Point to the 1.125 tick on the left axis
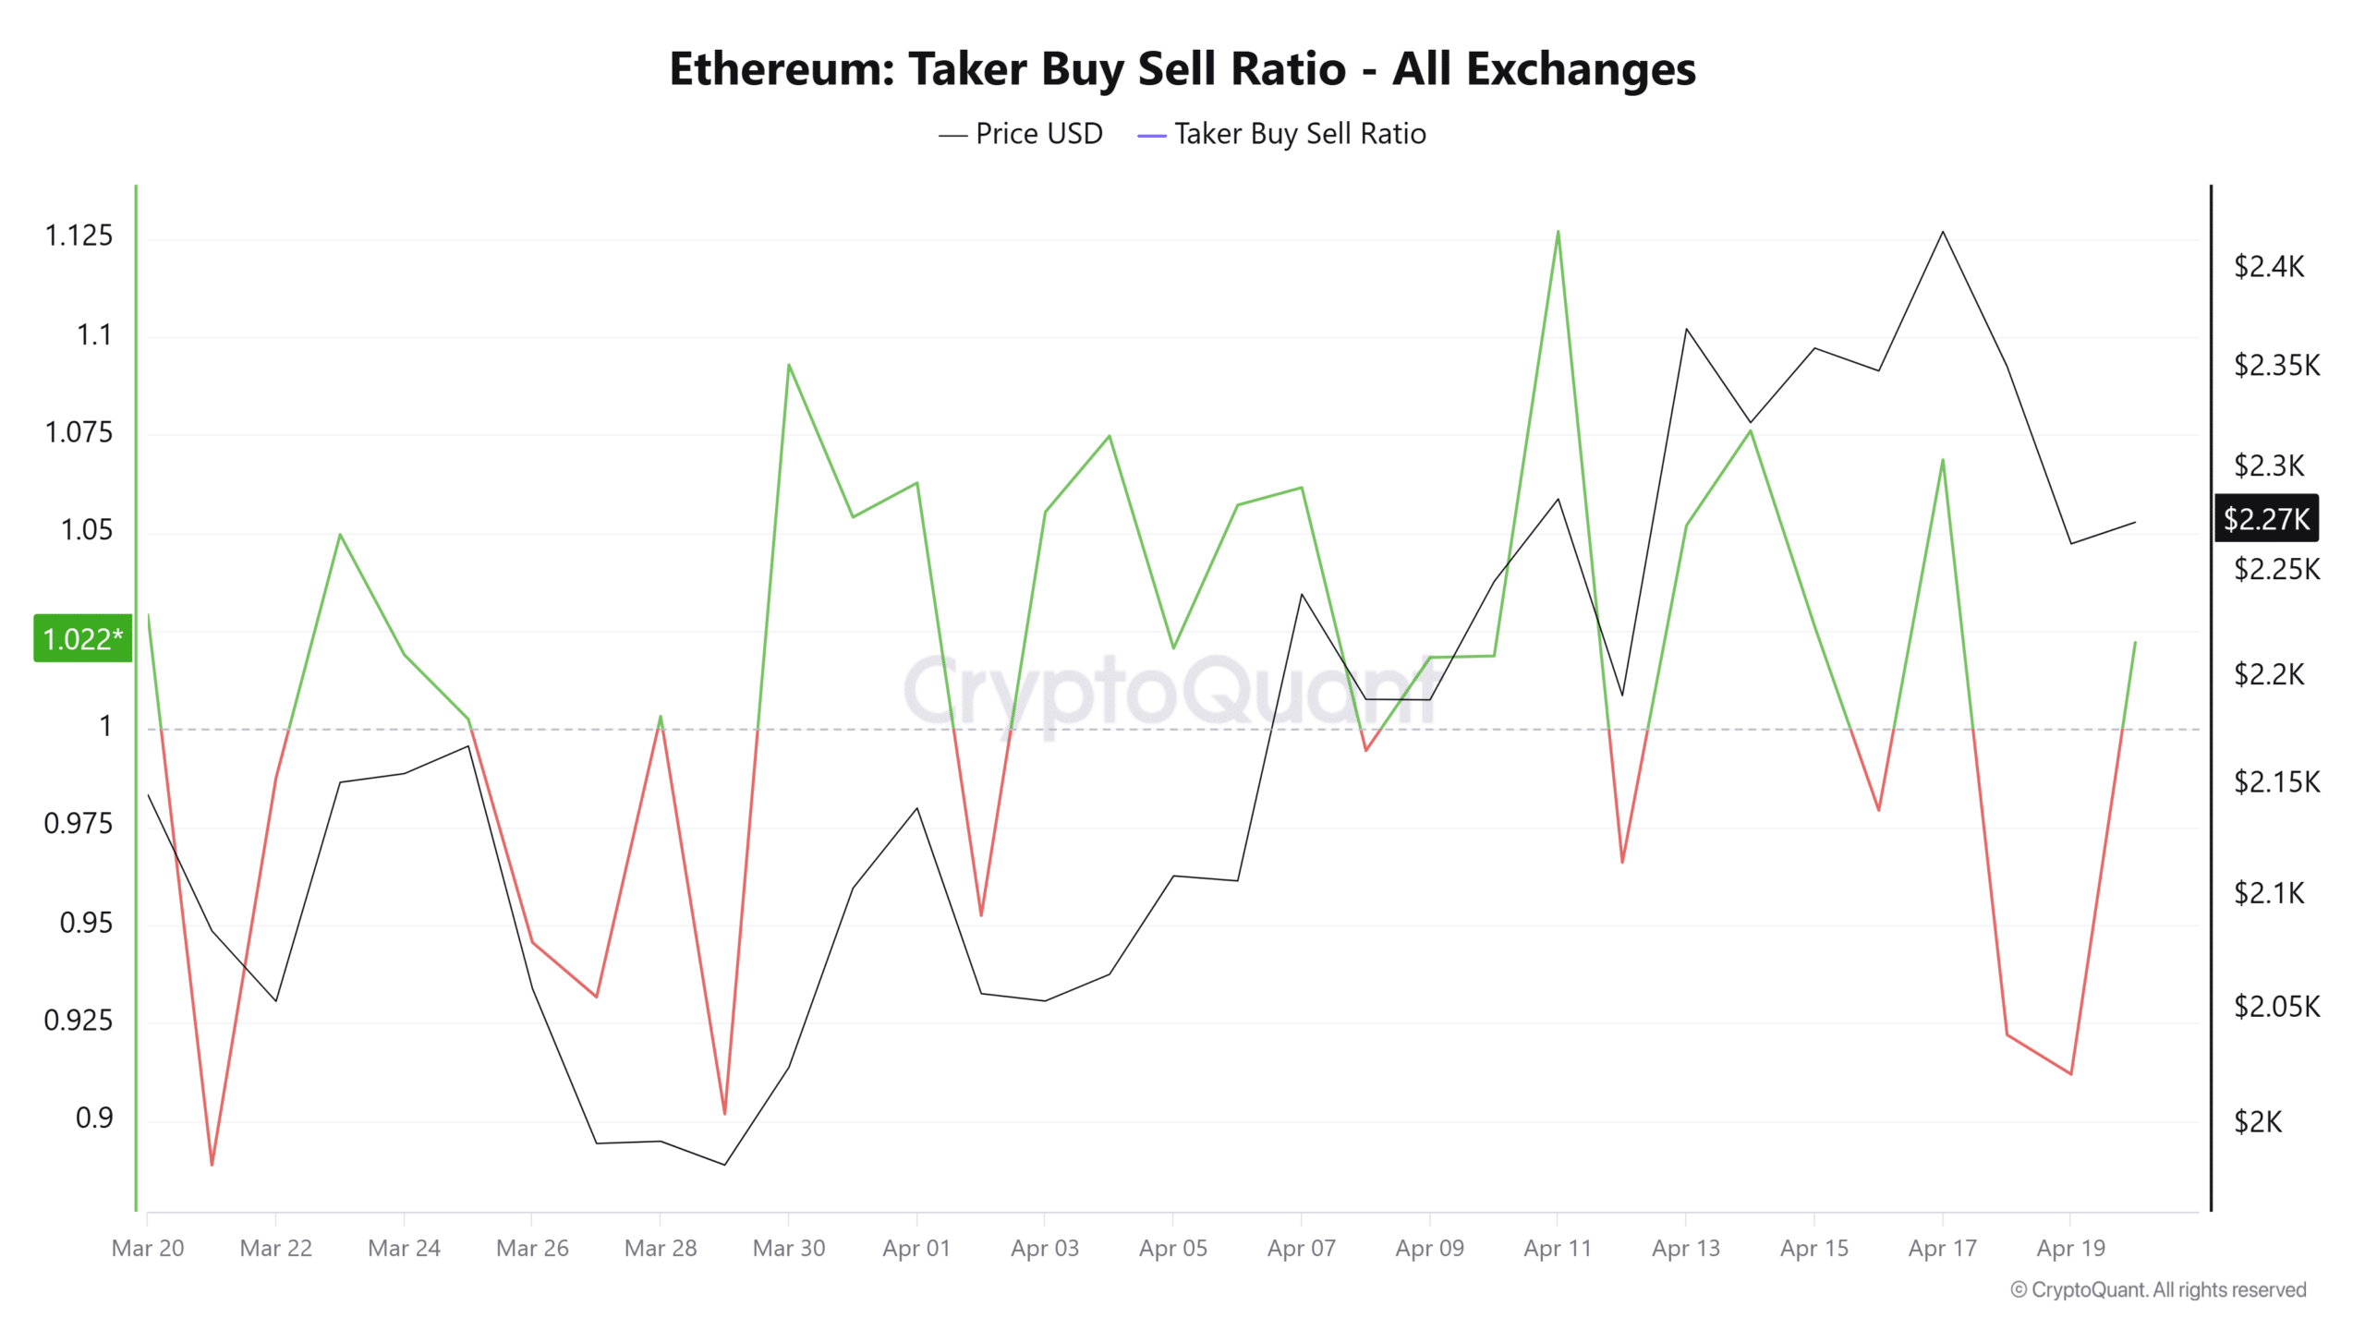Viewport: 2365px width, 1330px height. tap(79, 236)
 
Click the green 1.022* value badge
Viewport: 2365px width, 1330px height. tap(82, 638)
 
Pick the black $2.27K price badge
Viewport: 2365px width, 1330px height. tap(2266, 519)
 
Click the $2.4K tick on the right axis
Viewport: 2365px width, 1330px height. tap(2269, 267)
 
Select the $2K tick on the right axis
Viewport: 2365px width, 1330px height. tap(2258, 1121)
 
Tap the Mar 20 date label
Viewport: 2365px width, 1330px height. tap(148, 1248)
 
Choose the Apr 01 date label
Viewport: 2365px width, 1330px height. tap(916, 1248)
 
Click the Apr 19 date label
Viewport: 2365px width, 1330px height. tap(2070, 1248)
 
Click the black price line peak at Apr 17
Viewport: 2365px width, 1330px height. tap(1943, 232)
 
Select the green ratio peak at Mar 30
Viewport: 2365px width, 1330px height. tap(788, 365)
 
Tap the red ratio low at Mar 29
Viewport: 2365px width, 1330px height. tap(724, 1113)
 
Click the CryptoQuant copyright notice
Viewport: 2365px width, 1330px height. tap(2158, 1289)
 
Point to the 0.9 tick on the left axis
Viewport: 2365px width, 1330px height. tap(93, 1118)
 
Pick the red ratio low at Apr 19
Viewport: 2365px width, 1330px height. tap(2071, 1074)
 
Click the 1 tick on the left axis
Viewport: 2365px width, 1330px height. tap(105, 726)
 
